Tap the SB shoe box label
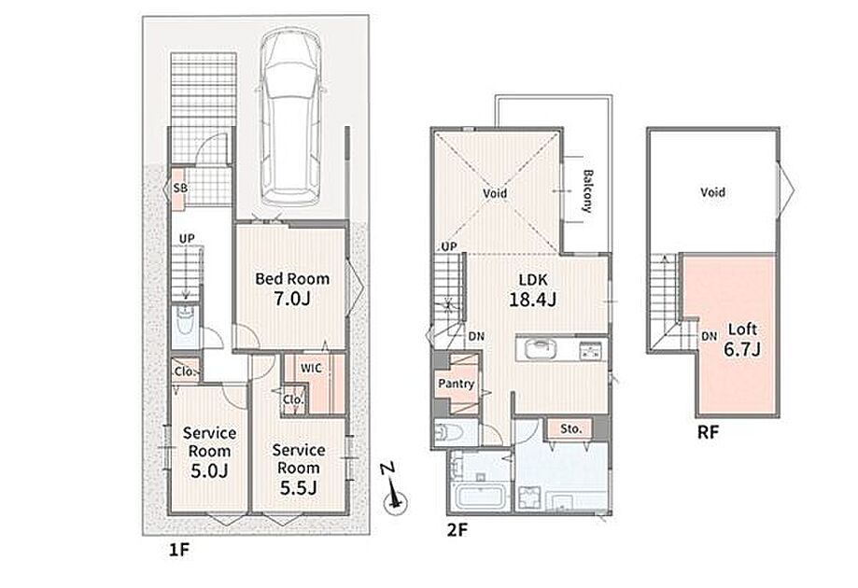pos(180,189)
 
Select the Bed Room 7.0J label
pos(292,288)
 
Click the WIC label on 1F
pos(311,368)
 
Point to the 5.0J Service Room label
pos(209,452)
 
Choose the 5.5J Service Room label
pos(298,469)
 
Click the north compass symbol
pos(394,490)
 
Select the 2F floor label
pos(457,529)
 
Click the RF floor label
pos(708,433)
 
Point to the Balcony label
pos(587,191)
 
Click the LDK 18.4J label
pos(532,290)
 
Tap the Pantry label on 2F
pos(456,384)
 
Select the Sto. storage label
pos(570,428)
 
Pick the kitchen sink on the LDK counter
pos(539,348)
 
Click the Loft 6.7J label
pos(742,339)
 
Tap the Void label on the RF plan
pos(712,192)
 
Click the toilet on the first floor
pos(185,326)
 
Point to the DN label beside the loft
pos(709,337)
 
